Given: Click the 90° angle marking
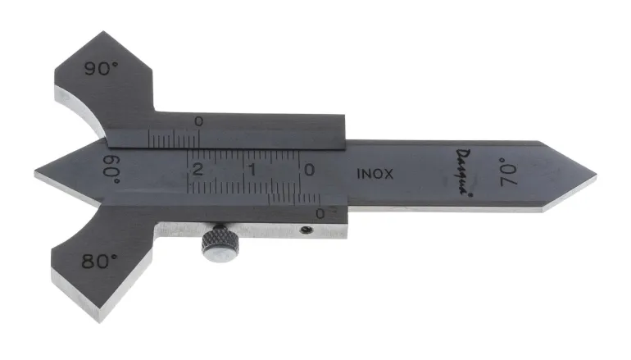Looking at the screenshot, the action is (101, 68).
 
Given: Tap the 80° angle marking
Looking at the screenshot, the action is (99, 262).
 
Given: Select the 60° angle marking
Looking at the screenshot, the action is (111, 169).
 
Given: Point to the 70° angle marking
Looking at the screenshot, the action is (508, 172).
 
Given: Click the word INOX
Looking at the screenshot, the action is (375, 174).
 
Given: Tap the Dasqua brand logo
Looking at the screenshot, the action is (464, 172).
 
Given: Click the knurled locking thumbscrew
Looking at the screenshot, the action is (220, 244).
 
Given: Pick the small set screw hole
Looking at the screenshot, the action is (306, 230).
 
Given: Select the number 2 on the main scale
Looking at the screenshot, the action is (197, 170).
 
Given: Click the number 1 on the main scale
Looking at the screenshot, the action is (252, 170).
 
